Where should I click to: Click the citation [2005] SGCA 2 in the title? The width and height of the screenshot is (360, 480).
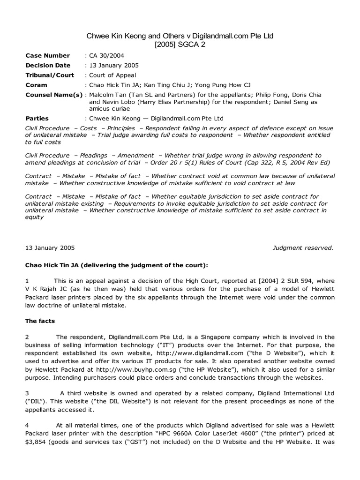pyautogui.click(x=180, y=45)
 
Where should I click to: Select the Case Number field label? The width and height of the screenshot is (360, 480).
pyautogui.click(x=47, y=55)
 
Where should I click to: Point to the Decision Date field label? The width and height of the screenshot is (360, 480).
pyautogui.click(x=48, y=65)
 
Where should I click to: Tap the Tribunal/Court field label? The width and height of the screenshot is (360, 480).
pyautogui.click(x=52, y=75)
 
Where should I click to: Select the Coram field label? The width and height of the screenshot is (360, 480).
pyautogui.click(x=36, y=85)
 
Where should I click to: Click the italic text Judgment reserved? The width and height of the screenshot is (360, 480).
pyautogui.click(x=303, y=248)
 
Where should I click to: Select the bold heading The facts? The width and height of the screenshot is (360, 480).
pyautogui.click(x=40, y=321)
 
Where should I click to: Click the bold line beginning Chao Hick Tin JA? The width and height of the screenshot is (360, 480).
pyautogui.click(x=117, y=265)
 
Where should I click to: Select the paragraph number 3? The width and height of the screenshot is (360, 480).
pyautogui.click(x=27, y=393)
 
